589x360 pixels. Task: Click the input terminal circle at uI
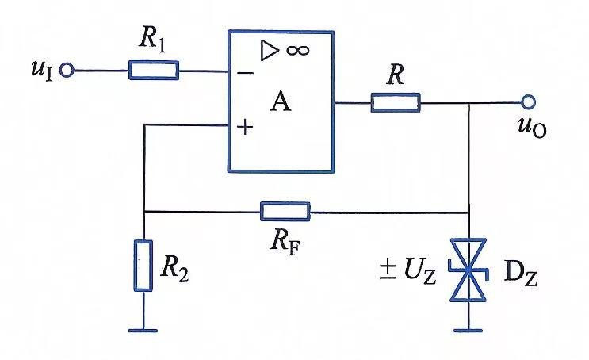click(67, 71)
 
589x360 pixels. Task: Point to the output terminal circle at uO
click(528, 101)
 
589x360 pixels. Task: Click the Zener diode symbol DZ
click(468, 270)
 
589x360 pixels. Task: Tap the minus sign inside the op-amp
click(246, 73)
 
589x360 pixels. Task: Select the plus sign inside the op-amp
click(245, 127)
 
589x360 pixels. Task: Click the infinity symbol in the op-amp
click(298, 50)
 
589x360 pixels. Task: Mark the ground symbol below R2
click(143, 331)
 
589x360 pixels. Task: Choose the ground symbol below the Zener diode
click(468, 331)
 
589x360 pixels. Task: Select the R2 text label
click(174, 270)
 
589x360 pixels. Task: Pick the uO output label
click(532, 127)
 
